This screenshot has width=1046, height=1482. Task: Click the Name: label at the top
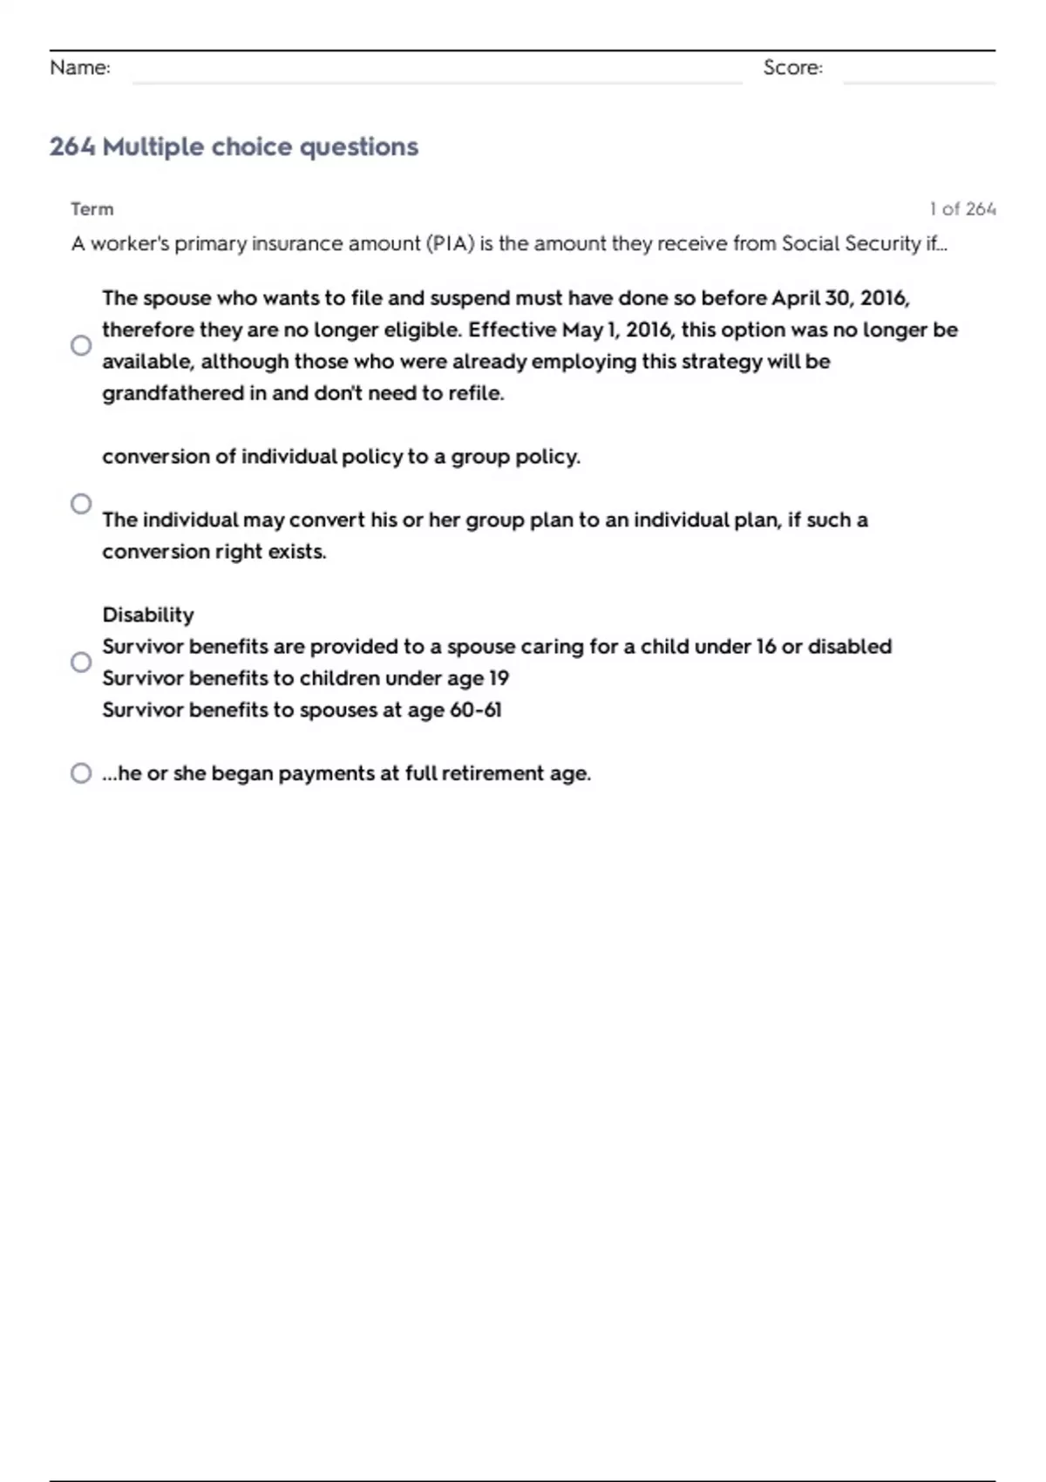click(80, 68)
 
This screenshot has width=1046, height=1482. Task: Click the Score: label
click(792, 68)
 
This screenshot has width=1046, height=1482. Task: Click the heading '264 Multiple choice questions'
click(234, 146)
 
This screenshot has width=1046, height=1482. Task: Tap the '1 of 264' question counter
click(962, 209)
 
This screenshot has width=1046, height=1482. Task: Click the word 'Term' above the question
click(92, 209)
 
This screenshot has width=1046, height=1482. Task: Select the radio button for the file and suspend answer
click(81, 345)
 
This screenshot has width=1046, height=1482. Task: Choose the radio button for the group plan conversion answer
click(81, 504)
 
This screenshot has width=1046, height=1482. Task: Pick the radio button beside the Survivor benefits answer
click(81, 663)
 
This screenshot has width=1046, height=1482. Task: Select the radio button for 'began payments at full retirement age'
click(81, 773)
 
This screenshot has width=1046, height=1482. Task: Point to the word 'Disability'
click(148, 615)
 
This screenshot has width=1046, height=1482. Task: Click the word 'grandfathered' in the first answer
click(173, 393)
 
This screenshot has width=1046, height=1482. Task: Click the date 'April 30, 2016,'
click(840, 298)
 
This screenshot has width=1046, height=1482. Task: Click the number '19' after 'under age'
click(499, 678)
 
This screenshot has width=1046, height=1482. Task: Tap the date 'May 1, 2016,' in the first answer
click(617, 330)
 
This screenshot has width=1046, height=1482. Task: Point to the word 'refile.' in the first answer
click(476, 393)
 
